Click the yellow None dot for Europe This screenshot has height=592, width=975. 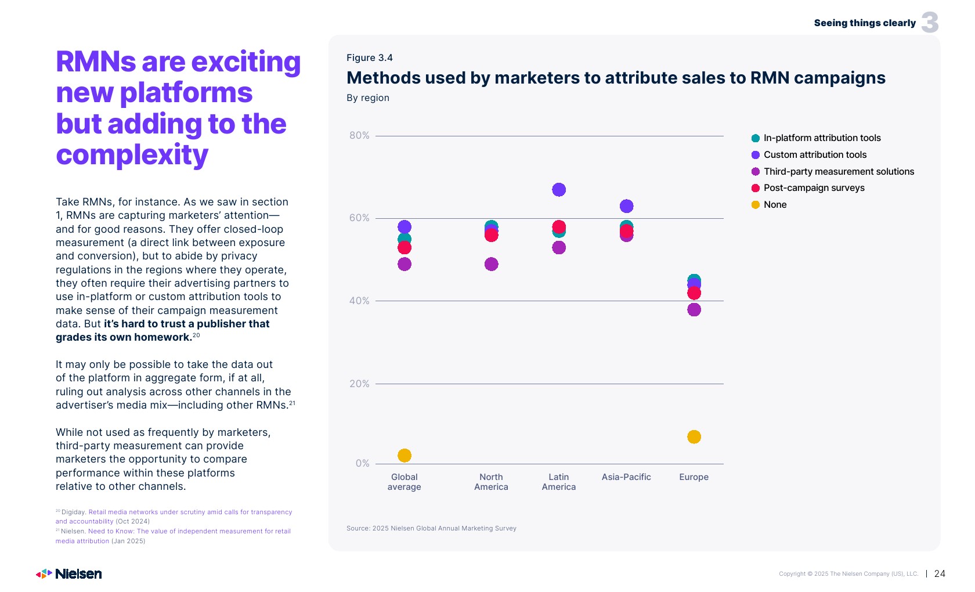point(694,436)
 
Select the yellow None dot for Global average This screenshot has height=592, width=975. point(405,456)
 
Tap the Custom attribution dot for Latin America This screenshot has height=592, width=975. point(559,190)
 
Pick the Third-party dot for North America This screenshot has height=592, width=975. point(491,264)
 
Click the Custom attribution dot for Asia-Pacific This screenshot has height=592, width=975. point(626,206)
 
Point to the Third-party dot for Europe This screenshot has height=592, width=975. point(694,310)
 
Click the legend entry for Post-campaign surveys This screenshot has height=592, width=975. point(814,188)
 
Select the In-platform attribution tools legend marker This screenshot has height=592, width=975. point(756,138)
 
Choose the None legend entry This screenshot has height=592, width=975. point(775,205)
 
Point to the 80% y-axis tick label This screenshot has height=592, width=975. point(359,136)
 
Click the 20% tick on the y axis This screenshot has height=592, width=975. point(359,384)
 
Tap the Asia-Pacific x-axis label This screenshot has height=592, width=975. point(626,477)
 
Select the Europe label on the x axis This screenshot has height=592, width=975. point(694,477)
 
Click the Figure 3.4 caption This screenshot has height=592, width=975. point(370,58)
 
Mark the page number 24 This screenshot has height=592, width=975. point(940,573)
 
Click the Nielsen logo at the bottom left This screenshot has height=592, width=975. point(69,574)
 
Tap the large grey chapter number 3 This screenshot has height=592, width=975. point(930,23)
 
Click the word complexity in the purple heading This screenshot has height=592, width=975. point(132,156)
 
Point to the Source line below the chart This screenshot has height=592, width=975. point(431,528)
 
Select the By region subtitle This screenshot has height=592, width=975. point(368,98)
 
